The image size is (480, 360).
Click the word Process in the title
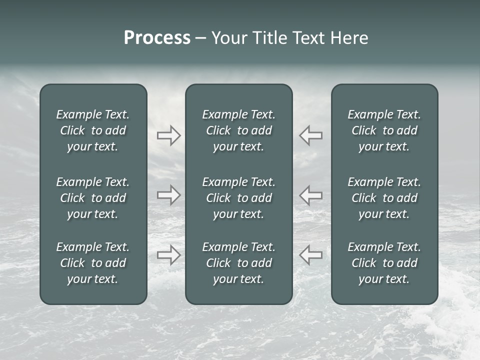click(157, 38)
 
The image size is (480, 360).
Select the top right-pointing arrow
click(168, 135)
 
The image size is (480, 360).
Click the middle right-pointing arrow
click(168, 195)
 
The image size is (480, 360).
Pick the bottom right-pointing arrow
click(168, 255)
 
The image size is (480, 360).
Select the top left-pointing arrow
click(311, 135)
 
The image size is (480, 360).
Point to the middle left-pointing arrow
click(311, 195)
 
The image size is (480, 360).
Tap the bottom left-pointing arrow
click(311, 255)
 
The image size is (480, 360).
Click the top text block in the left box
click(93, 130)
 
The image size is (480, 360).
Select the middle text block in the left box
click(93, 198)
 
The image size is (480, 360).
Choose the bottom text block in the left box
click(93, 263)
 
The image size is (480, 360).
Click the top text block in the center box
click(239, 130)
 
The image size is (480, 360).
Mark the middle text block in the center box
click(239, 198)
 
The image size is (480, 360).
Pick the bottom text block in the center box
click(239, 263)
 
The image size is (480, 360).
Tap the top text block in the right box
click(384, 130)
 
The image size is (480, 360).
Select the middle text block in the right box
click(384, 198)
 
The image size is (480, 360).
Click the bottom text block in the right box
click(384, 263)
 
